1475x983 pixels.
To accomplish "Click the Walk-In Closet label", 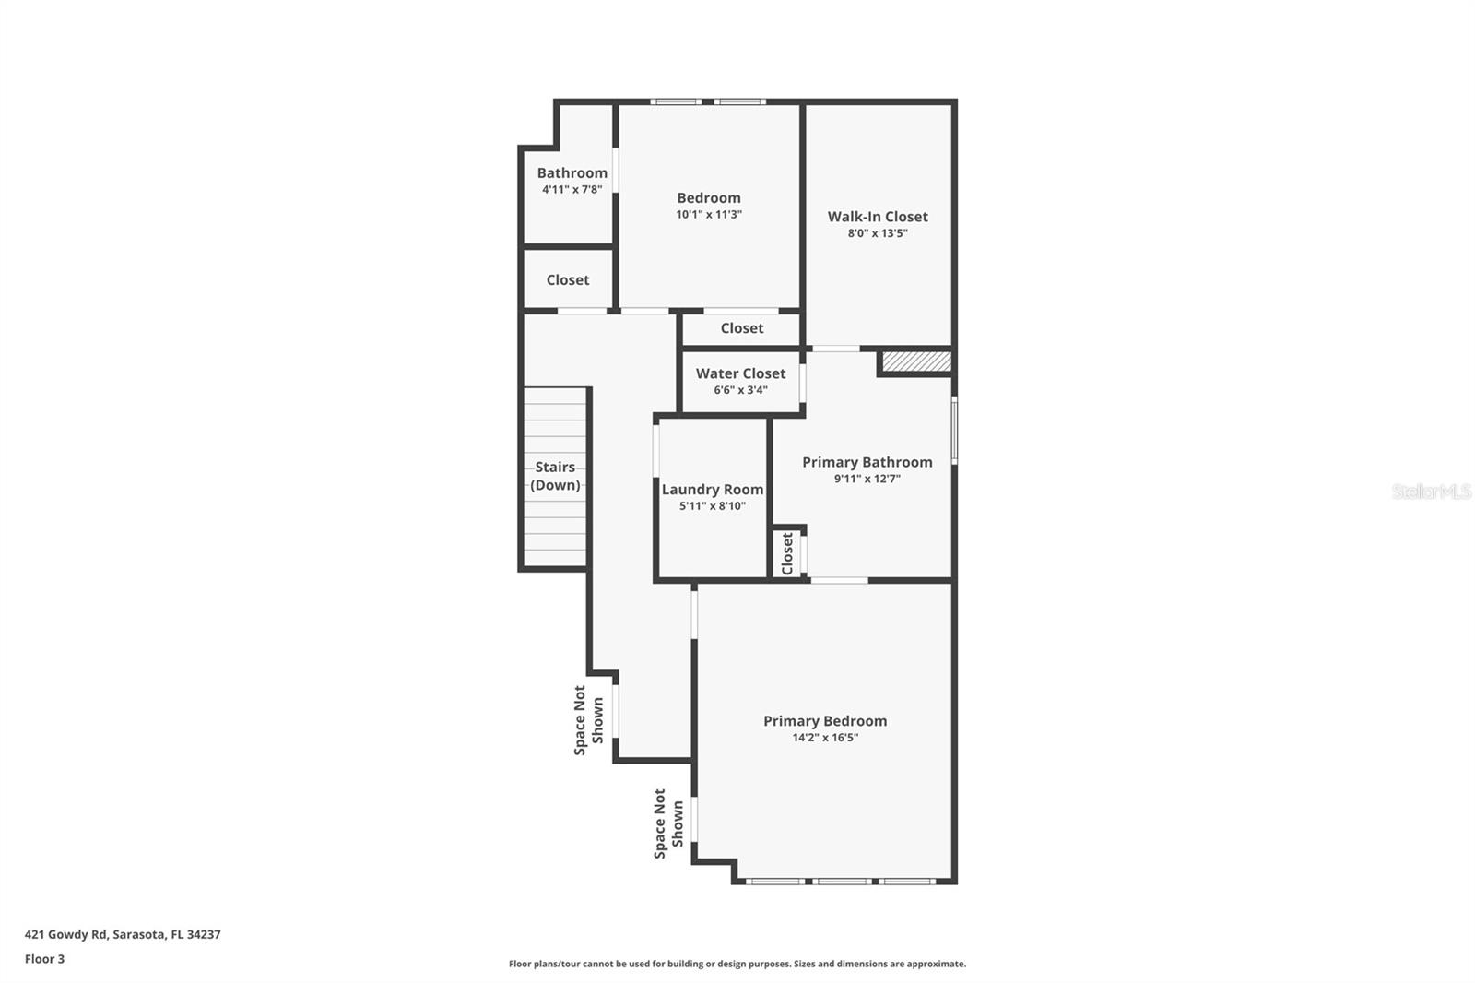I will [x=877, y=217].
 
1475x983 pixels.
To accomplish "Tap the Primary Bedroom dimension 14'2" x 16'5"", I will [x=825, y=738].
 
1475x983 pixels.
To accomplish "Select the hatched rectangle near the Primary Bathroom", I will [x=916, y=361].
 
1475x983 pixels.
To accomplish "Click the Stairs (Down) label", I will [x=555, y=476].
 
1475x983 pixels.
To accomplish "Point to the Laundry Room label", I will [x=712, y=490].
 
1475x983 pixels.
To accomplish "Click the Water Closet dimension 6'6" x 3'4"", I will [x=740, y=390].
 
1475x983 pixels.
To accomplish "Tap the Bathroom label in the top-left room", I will [x=572, y=172].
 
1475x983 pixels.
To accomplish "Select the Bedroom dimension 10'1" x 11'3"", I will [x=708, y=214].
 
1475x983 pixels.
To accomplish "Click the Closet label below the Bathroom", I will [x=567, y=279].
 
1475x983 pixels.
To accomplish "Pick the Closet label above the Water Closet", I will [x=741, y=328].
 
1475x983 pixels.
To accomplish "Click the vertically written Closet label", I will [x=787, y=553].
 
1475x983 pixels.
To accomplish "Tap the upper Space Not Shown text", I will [x=588, y=720].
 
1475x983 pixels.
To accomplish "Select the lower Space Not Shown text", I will [x=668, y=823].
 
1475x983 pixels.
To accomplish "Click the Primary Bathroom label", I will [x=867, y=462].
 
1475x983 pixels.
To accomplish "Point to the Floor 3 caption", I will [x=44, y=959].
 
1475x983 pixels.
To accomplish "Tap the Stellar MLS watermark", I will [x=1431, y=491].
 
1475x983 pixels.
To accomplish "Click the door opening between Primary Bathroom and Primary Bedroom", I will [x=839, y=580].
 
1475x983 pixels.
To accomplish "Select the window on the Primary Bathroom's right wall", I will [x=954, y=430].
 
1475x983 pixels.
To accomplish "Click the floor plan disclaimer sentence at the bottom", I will [x=737, y=964].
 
